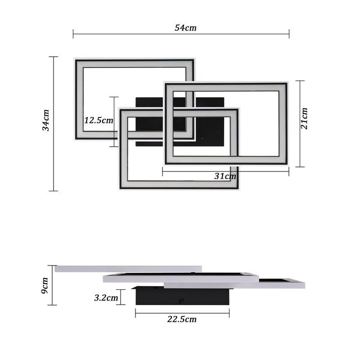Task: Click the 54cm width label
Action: (x=185, y=28)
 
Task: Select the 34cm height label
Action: (x=46, y=121)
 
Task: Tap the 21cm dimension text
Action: (x=305, y=118)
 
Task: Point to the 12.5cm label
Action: (x=99, y=121)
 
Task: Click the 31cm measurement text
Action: (x=225, y=176)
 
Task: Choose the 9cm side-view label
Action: (x=45, y=285)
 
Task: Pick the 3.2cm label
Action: (x=106, y=297)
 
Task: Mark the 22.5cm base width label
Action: (x=182, y=319)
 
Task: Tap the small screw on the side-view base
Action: (x=182, y=301)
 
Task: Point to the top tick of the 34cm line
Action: (x=54, y=57)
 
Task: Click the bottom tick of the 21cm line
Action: (x=300, y=166)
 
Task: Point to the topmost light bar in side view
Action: (x=128, y=269)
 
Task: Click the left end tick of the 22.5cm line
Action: (x=135, y=313)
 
